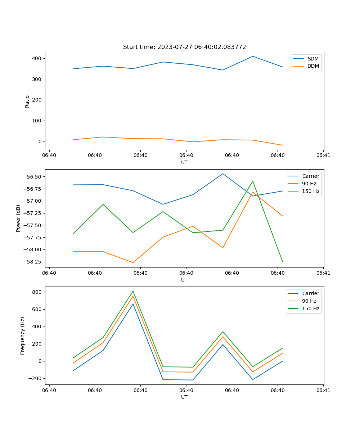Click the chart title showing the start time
(x=184, y=47)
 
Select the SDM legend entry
(x=313, y=59)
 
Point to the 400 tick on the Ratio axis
(x=37, y=58)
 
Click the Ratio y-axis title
(x=27, y=101)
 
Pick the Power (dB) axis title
(x=18, y=218)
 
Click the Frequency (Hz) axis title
(x=23, y=336)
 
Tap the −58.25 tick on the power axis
(x=32, y=262)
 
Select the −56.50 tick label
(x=32, y=177)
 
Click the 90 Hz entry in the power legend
(x=309, y=184)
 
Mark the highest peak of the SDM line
(x=253, y=56)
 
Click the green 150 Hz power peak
(x=253, y=181)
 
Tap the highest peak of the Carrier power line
(x=223, y=174)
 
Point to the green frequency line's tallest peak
(x=133, y=291)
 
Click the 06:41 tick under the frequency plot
(x=323, y=390)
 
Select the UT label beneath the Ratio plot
(x=184, y=162)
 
